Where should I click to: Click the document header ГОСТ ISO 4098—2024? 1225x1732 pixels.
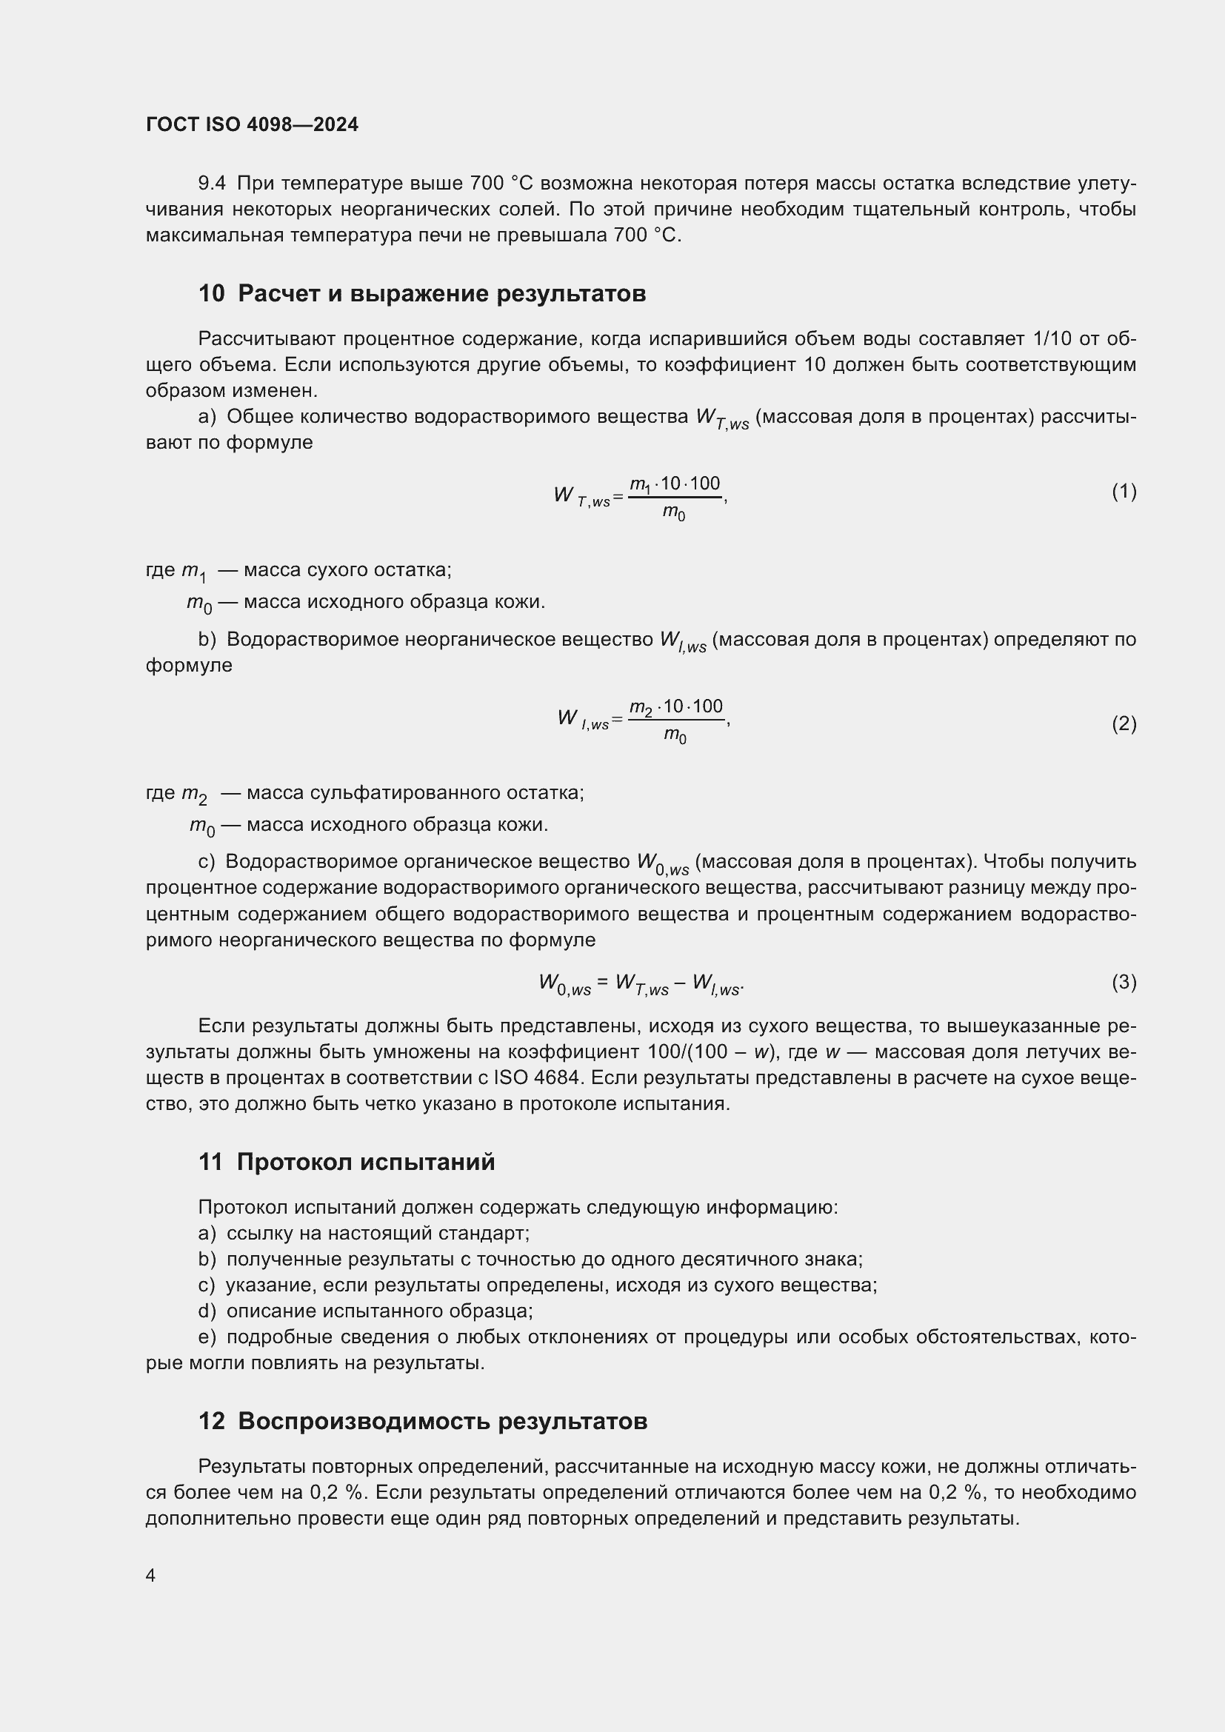(x=252, y=124)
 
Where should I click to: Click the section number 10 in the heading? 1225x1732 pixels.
(x=211, y=293)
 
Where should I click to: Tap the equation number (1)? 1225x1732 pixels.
(x=1124, y=492)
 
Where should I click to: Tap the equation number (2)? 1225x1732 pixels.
(x=1124, y=724)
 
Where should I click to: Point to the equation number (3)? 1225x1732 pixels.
(x=1124, y=982)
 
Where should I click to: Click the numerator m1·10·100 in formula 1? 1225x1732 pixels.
(x=675, y=484)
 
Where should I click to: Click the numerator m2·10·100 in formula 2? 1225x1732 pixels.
(x=677, y=707)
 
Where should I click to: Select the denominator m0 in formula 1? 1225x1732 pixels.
(x=673, y=513)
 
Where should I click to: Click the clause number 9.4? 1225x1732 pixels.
(x=212, y=184)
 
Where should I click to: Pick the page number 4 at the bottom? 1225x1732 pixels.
(x=150, y=1576)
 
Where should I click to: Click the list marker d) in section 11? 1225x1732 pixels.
(x=207, y=1311)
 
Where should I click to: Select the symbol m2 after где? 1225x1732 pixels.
(x=194, y=794)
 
